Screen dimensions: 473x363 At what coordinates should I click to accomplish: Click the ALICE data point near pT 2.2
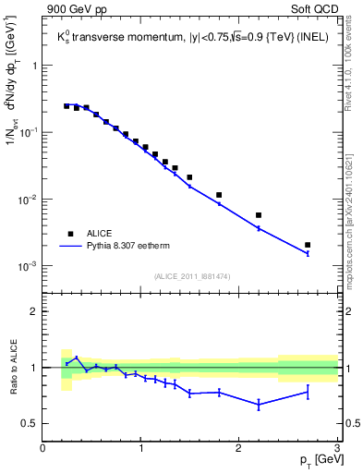point(259,215)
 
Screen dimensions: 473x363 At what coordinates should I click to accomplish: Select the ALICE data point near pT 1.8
point(219,195)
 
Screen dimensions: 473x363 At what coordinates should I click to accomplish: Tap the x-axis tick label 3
point(337,449)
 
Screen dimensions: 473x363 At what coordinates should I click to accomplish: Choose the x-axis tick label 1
point(140,449)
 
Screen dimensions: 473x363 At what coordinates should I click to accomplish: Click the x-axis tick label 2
point(239,449)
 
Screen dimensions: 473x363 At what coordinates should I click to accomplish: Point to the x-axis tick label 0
point(42,449)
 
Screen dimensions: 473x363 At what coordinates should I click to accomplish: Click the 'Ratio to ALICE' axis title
point(12,367)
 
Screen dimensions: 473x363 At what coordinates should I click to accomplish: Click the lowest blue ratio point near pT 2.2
point(259,405)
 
